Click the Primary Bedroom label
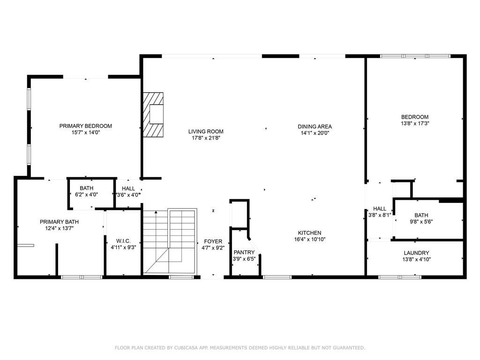pos(85,126)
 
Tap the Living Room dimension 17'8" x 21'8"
pos(206,138)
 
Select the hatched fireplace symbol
pos(153,115)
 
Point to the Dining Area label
pos(315,127)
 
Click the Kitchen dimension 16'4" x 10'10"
pos(309,240)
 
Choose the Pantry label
pos(244,252)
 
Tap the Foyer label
pos(213,241)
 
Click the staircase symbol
pos(170,241)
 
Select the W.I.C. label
pos(123,241)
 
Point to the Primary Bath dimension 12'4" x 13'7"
pos(60,228)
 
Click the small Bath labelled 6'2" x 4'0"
pos(87,188)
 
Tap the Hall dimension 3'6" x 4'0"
pos(128,195)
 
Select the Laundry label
pos(416,253)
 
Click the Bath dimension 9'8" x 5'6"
pos(421,222)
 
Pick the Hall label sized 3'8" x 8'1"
pos(380,209)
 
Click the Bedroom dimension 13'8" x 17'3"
pos(415,123)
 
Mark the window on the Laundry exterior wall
pos(400,277)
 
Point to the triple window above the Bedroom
pos(415,56)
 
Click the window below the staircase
pos(181,277)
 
